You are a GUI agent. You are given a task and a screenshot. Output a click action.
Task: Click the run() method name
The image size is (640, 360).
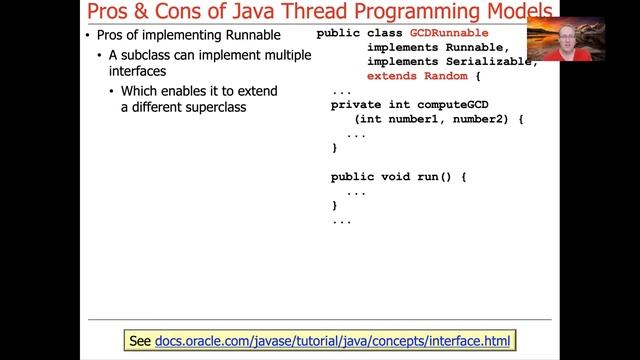tap(441, 176)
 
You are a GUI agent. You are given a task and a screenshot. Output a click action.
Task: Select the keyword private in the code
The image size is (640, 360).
tap(359, 104)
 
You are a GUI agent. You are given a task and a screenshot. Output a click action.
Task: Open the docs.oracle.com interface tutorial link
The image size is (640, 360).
tap(332, 341)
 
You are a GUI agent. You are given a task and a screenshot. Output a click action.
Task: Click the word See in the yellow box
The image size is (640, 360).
tap(141, 341)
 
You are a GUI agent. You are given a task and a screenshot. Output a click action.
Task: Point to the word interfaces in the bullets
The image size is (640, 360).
tap(141, 72)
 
